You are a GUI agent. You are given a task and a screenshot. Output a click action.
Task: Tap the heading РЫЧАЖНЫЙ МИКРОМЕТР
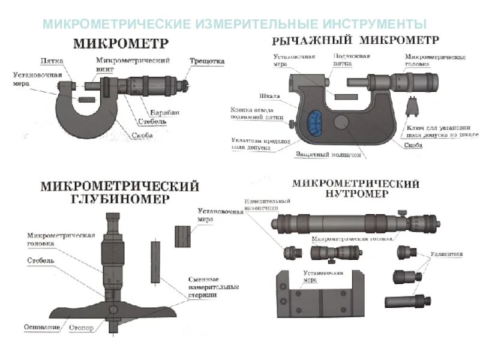(355, 41)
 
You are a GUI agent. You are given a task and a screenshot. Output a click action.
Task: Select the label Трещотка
(207, 61)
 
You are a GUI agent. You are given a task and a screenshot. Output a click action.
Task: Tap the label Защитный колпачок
(328, 154)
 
